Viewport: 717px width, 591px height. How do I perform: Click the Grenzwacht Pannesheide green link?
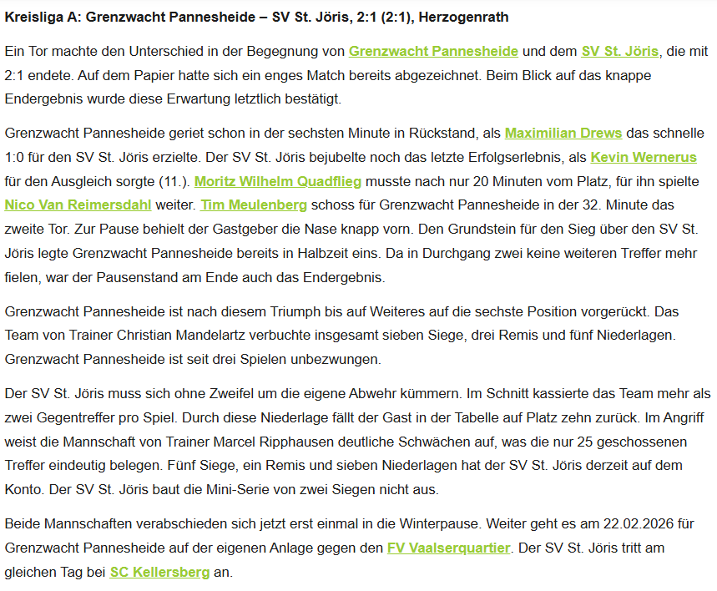[433, 52]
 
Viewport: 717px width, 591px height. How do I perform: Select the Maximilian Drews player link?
[563, 134]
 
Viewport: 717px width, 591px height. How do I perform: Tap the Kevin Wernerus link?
[643, 157]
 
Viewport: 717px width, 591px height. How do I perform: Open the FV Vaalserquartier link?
[447, 548]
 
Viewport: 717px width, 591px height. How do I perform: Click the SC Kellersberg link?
[159, 573]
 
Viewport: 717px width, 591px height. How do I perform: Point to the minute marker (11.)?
[172, 181]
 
